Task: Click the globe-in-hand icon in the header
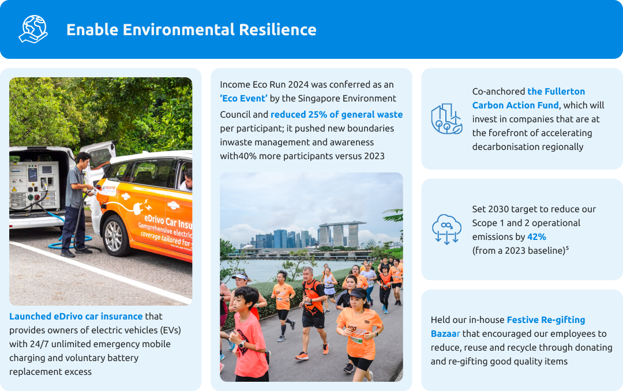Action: (33, 29)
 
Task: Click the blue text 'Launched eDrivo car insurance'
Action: (76, 316)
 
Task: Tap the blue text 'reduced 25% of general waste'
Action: (336, 114)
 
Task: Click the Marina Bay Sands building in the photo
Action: (341, 234)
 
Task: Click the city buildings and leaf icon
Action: (446, 119)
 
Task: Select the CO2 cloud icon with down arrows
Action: (446, 229)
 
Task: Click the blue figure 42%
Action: (536, 236)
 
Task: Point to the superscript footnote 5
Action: (567, 248)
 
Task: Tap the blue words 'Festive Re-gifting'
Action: (546, 319)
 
